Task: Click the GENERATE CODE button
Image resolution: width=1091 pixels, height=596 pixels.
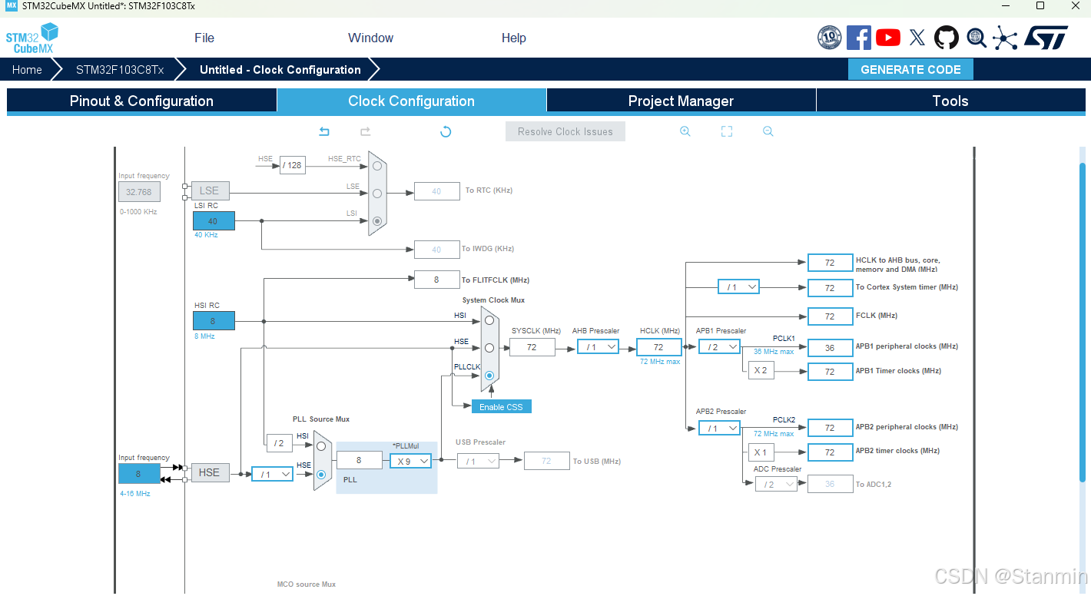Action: pyautogui.click(x=910, y=69)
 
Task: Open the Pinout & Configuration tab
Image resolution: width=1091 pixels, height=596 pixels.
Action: pyautogui.click(x=141, y=101)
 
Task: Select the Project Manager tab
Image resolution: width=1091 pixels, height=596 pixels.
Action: pyautogui.click(x=681, y=101)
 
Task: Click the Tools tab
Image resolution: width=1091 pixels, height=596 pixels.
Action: pyautogui.click(x=950, y=101)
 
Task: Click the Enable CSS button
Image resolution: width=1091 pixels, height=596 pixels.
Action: pyautogui.click(x=501, y=406)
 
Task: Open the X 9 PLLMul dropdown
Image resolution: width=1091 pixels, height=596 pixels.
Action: pyautogui.click(x=410, y=461)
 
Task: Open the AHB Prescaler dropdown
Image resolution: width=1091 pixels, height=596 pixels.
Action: pyautogui.click(x=598, y=347)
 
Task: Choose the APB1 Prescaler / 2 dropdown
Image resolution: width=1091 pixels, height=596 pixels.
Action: pyautogui.click(x=719, y=347)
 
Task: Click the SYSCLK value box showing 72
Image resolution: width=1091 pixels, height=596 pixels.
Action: pyautogui.click(x=532, y=347)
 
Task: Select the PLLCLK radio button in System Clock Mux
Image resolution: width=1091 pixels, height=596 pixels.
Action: pyautogui.click(x=489, y=375)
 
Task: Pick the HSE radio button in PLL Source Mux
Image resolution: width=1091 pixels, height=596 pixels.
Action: pyautogui.click(x=321, y=474)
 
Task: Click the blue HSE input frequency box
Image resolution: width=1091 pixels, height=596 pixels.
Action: pyautogui.click(x=139, y=474)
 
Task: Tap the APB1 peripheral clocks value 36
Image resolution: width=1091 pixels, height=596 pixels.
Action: pyautogui.click(x=830, y=347)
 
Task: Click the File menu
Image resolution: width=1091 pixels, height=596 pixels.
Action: pyautogui.click(x=204, y=38)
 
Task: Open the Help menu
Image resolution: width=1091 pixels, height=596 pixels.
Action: pyautogui.click(x=514, y=38)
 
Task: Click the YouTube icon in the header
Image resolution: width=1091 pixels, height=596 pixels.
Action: pyautogui.click(x=887, y=38)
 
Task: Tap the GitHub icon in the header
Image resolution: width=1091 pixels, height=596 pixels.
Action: pyautogui.click(x=946, y=38)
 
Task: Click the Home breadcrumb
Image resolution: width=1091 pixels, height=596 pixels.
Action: pyautogui.click(x=27, y=69)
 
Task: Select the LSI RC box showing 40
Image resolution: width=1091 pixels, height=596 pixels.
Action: pyautogui.click(x=214, y=221)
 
